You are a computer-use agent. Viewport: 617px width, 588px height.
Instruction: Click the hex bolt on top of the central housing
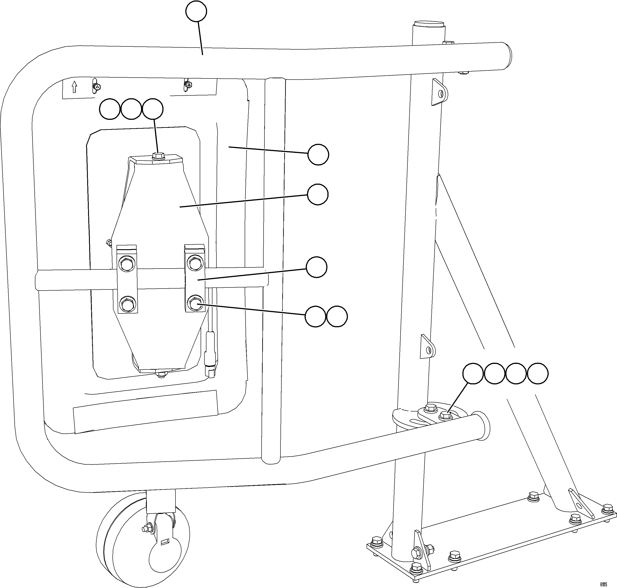tap(158, 156)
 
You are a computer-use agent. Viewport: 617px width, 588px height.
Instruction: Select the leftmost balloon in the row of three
tap(110, 109)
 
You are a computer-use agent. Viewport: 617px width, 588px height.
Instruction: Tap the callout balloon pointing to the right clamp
tap(316, 267)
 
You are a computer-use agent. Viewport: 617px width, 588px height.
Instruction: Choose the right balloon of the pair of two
tap(337, 317)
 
